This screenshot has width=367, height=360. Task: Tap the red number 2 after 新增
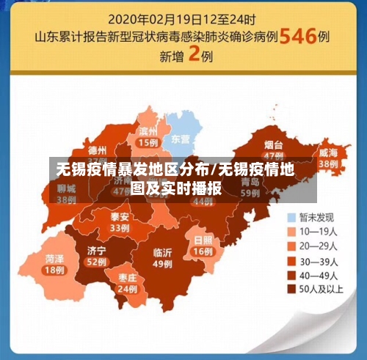click(x=195, y=55)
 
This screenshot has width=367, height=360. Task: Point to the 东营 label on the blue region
click(x=180, y=138)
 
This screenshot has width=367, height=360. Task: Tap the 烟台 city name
click(x=274, y=144)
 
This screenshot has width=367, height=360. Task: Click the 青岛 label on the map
click(x=250, y=181)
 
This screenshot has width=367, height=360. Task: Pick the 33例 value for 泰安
click(x=120, y=228)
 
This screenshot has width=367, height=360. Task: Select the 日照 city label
click(x=203, y=240)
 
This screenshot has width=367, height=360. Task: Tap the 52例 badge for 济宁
click(x=96, y=262)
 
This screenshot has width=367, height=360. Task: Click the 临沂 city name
click(x=162, y=252)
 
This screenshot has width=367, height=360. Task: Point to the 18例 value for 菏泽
click(x=54, y=270)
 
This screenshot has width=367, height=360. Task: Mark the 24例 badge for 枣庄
click(x=127, y=289)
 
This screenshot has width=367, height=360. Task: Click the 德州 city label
click(x=97, y=150)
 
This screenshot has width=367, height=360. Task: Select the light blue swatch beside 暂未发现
click(x=292, y=218)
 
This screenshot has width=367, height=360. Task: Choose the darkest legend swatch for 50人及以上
click(x=292, y=290)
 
